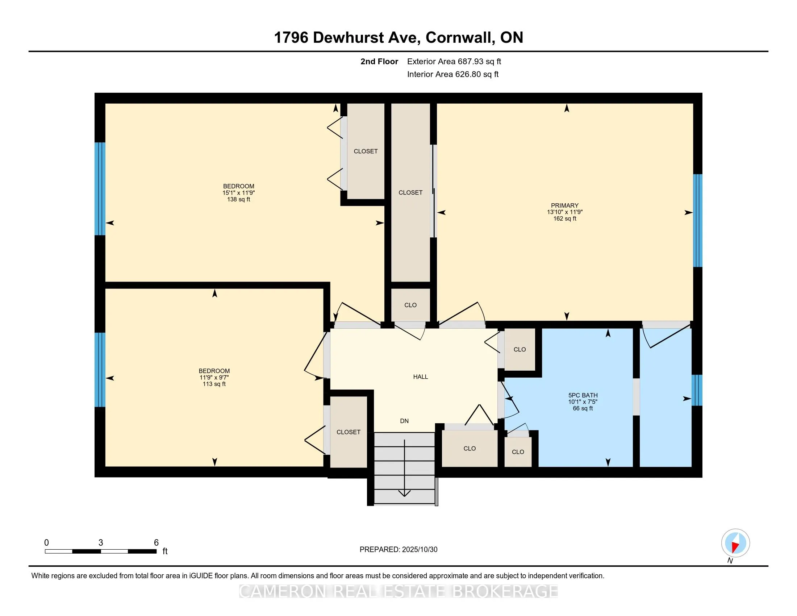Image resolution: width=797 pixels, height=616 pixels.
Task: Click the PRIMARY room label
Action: click(564, 205)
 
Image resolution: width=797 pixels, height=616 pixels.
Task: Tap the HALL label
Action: click(420, 376)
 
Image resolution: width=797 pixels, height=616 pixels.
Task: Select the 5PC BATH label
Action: click(583, 395)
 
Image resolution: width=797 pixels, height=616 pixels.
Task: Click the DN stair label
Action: click(404, 421)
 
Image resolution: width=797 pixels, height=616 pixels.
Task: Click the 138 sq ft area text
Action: click(239, 199)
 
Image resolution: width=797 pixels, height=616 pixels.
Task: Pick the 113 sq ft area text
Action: click(214, 384)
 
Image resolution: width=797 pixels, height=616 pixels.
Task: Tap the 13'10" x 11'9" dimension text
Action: click(564, 212)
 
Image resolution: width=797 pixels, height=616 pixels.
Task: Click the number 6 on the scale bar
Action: click(156, 543)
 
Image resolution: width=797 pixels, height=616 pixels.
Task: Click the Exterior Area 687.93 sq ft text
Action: click(454, 61)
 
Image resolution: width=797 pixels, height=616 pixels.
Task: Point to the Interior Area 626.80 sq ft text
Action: click(452, 74)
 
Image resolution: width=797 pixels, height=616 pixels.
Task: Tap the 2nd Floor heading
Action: click(379, 61)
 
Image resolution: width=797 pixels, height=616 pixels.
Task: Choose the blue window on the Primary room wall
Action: click(697, 220)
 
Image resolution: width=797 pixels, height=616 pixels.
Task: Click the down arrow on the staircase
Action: click(404, 468)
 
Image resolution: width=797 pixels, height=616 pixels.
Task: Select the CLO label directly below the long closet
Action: click(410, 305)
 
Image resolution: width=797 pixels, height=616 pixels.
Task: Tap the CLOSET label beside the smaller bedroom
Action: click(348, 432)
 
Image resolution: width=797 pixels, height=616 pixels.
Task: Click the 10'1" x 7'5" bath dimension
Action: click(583, 402)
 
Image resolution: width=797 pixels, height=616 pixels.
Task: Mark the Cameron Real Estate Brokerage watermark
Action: click(398, 591)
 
